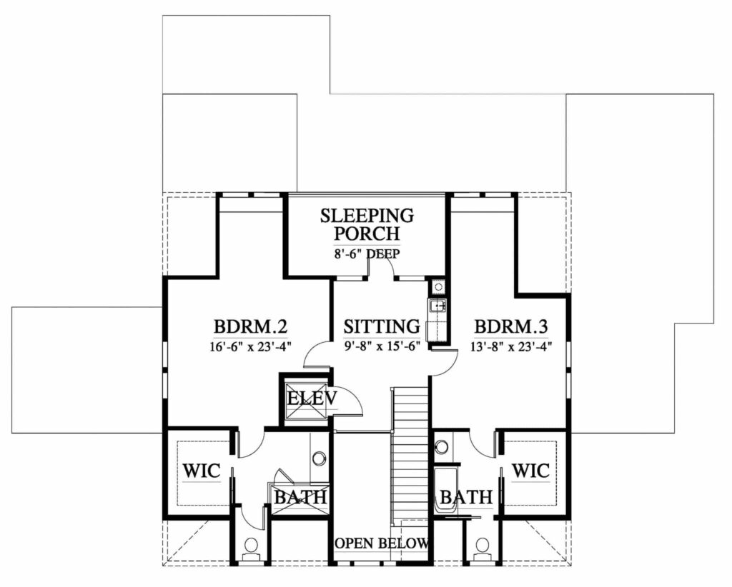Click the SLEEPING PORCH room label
(367, 224)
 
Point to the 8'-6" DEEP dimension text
(367, 254)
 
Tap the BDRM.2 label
(249, 326)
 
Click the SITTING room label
(382, 326)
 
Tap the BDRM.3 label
(510, 326)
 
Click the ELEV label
(312, 398)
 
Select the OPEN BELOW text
(382, 543)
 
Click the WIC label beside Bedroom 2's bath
(201, 471)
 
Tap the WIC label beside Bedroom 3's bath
(531, 471)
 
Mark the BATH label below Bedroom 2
(300, 497)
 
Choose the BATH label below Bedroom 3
(466, 497)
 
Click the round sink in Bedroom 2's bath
(320, 458)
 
